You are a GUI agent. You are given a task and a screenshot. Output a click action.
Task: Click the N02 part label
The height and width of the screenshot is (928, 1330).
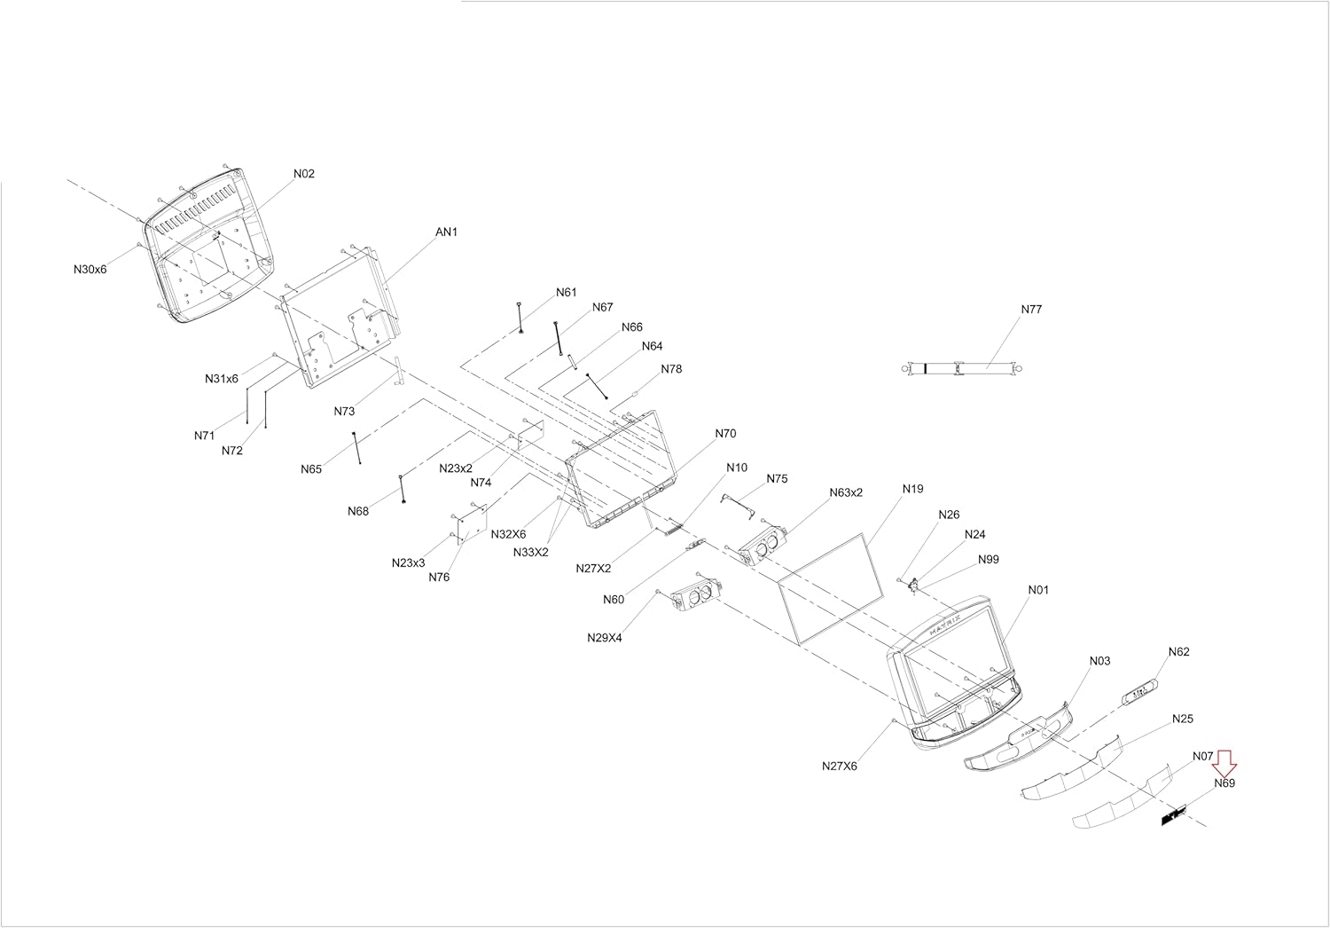tap(303, 174)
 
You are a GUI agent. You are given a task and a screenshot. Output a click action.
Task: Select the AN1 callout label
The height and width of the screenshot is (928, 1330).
tap(446, 232)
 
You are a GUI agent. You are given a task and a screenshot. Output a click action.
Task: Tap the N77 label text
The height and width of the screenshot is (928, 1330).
tap(1031, 310)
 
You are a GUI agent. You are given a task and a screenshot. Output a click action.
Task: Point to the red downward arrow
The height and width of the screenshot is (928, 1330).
tap(1225, 762)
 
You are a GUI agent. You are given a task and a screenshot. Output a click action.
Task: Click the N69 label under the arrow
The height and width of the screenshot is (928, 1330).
tap(1224, 783)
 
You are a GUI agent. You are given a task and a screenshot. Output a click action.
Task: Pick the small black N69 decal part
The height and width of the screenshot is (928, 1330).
tap(1173, 816)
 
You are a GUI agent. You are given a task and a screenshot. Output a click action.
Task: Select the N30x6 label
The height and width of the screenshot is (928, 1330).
tap(90, 269)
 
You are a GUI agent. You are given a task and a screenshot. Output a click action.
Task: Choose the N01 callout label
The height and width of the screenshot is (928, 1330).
tap(1038, 590)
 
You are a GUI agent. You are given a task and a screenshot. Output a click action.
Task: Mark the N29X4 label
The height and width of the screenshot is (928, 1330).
tap(605, 637)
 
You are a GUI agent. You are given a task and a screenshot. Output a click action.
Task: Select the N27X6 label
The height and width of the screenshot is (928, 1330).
tap(840, 766)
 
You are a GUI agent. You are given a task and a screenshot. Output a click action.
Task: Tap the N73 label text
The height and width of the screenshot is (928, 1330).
tap(344, 411)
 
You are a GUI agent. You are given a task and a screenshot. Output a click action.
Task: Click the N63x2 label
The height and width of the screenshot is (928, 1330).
tap(846, 492)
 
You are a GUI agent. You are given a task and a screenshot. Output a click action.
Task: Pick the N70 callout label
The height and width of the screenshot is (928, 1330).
tap(725, 434)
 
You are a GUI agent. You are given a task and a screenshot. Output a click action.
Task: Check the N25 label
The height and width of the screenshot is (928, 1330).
tap(1182, 719)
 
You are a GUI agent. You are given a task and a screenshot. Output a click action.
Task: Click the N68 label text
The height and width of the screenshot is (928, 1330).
tap(358, 511)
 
